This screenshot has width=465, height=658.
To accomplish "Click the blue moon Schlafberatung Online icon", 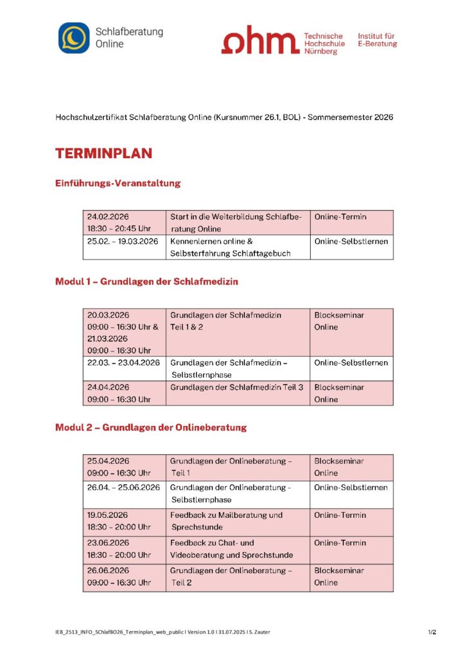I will [74, 38].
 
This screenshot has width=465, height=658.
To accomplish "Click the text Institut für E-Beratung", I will [377, 40].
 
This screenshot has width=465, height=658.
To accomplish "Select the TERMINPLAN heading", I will [103, 154].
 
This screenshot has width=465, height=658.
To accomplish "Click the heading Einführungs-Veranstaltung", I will [118, 183].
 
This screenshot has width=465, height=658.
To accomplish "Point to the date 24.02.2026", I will [109, 217].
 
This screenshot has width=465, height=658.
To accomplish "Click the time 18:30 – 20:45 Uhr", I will [119, 229].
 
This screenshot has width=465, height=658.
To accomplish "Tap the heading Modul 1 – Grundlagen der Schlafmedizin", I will [142, 281].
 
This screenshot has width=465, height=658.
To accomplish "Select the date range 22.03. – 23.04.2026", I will [123, 362].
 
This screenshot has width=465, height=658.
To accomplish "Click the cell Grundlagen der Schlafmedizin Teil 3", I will [236, 387].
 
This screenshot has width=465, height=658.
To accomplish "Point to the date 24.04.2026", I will [109, 387].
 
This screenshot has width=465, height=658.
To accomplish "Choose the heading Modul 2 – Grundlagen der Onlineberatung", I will [151, 427].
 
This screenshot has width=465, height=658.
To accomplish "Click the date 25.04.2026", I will [109, 461].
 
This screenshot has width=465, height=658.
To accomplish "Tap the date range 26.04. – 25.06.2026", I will [123, 487].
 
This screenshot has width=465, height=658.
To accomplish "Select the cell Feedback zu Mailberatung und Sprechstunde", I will [226, 521].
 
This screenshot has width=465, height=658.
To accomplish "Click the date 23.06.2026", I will [109, 542].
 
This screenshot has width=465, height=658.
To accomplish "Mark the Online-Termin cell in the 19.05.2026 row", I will [340, 515].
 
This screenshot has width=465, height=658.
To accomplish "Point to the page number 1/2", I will [432, 632].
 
